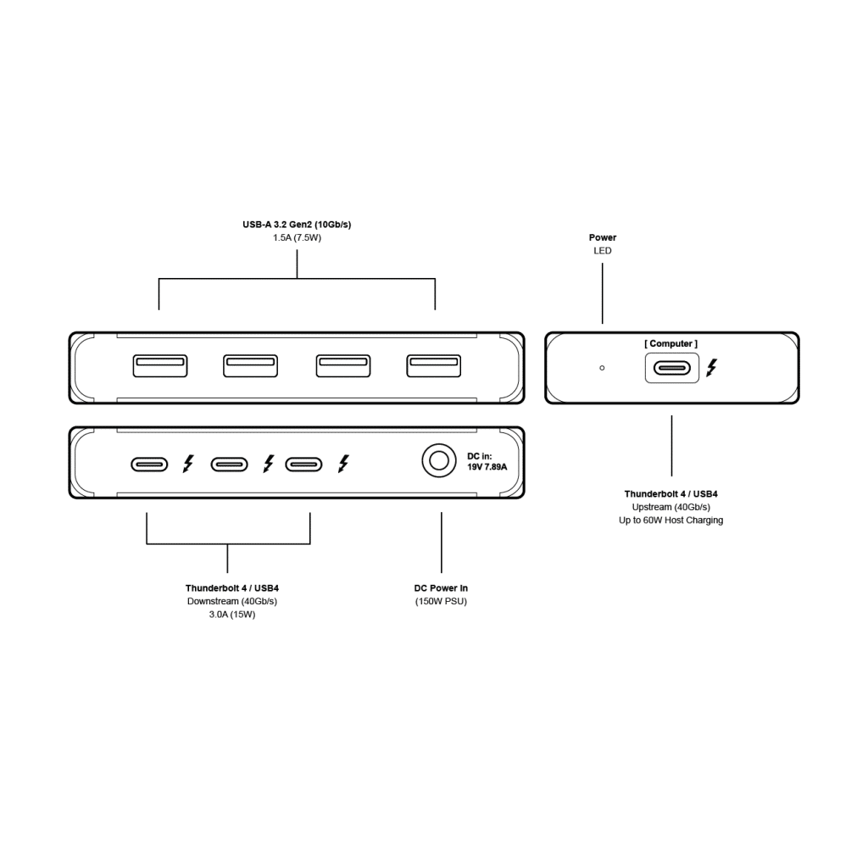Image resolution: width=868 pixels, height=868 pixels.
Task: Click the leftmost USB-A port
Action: pos(160,365)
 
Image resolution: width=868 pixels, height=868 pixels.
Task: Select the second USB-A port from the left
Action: pos(250,365)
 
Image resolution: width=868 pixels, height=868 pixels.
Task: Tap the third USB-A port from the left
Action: pos(343,365)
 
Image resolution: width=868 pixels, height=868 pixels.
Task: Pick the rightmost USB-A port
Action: pos(433,365)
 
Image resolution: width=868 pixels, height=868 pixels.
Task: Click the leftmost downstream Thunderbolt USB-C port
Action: pos(148,464)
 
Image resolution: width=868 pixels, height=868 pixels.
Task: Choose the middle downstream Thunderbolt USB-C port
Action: pos(229,464)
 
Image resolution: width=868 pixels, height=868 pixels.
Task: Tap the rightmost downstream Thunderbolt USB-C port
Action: pos(303,464)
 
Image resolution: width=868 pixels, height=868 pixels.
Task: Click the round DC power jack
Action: pos(438,462)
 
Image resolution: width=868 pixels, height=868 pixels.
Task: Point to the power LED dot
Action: pos(602,368)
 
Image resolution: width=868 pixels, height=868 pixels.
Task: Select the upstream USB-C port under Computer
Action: pos(672,368)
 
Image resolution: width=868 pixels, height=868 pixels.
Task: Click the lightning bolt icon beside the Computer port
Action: pos(711,368)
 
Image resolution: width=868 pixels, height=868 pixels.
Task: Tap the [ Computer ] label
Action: pos(670,343)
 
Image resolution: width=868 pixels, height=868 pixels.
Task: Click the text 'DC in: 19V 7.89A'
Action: pos(487,461)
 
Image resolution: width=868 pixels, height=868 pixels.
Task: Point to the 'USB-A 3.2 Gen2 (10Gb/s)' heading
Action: pos(297,225)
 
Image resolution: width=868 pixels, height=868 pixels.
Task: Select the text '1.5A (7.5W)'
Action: pos(297,238)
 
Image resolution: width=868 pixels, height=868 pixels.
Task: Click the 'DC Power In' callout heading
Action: pos(441,587)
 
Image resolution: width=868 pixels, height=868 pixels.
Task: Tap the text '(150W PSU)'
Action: pos(441,601)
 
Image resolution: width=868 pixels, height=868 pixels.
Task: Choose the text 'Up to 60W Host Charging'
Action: pos(670,520)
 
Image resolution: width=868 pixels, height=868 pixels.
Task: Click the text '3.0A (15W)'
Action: pos(232,615)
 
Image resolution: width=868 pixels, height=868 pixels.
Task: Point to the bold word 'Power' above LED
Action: pos(603,237)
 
